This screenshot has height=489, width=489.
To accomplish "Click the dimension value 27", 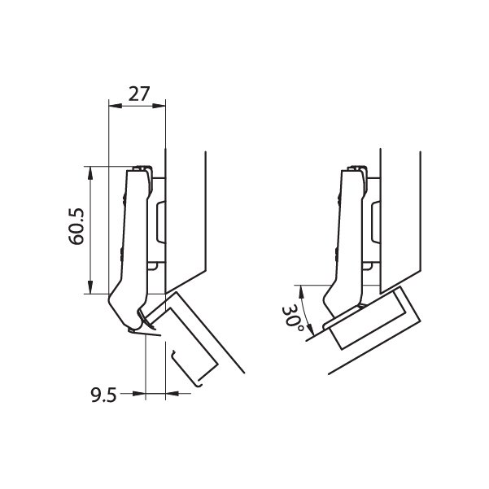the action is click(139, 94).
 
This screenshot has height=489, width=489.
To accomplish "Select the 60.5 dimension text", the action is click(76, 226).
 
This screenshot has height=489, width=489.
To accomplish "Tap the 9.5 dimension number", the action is click(104, 395).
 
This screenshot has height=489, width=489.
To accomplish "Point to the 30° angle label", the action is click(292, 319).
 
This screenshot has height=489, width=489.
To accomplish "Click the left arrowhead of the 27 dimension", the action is click(115, 106).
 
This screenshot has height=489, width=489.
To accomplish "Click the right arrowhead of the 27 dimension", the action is click(159, 106).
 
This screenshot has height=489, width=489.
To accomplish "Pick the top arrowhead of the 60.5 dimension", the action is click(90, 173).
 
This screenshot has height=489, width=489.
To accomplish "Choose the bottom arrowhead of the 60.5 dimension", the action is click(90, 287).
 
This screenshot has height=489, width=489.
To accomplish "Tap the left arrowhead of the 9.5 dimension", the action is click(139, 394).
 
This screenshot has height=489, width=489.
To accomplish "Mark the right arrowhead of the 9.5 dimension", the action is click(172, 394).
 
